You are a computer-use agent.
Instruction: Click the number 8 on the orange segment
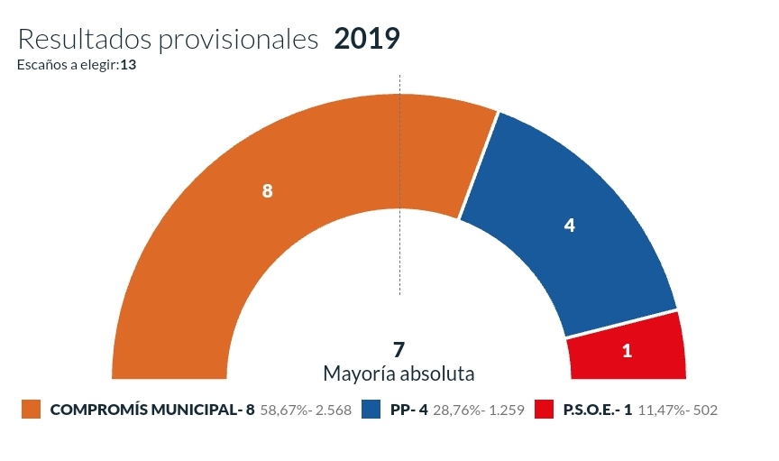[x=267, y=191]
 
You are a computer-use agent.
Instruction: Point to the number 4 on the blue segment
[x=569, y=226]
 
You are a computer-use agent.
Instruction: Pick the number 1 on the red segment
[x=627, y=351]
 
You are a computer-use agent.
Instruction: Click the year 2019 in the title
[x=366, y=39]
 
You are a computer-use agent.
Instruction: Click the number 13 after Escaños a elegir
[x=127, y=65]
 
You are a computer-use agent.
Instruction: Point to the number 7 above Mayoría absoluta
[x=399, y=349]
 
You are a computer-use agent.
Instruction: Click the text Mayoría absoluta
[x=399, y=373]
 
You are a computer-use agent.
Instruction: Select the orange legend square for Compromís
[x=32, y=410]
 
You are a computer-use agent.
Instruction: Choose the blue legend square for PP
[x=371, y=410]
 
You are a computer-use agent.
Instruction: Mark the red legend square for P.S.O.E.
[x=543, y=410]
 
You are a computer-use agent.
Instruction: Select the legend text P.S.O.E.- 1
[x=596, y=410]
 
